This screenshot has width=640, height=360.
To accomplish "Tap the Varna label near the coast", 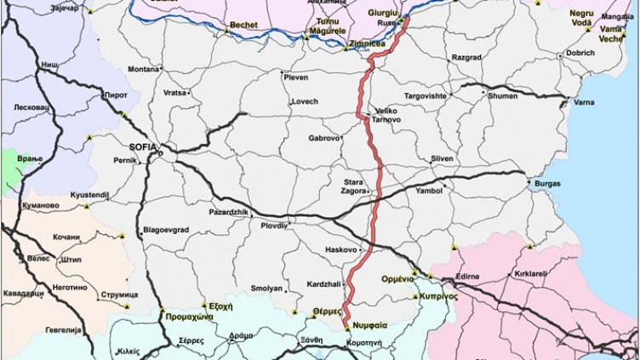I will click(x=585, y=103).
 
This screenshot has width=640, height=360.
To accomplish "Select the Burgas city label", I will click(x=546, y=183).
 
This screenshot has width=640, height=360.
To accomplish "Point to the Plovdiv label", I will click(x=275, y=226).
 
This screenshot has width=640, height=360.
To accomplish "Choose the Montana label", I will click(x=143, y=69).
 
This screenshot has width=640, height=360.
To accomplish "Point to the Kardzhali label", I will click(x=323, y=283).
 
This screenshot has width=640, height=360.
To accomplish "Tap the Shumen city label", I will click(x=501, y=96).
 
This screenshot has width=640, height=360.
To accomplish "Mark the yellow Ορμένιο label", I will click(x=397, y=279).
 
